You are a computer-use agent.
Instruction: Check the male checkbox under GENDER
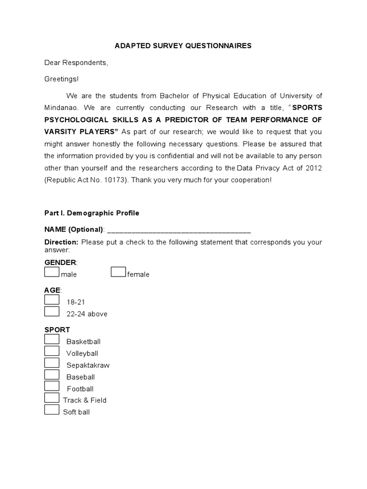pos(52,272)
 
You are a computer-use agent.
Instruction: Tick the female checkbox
pos(119,272)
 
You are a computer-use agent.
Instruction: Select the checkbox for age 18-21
pos(52,300)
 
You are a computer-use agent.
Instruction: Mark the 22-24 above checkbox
pos(52,312)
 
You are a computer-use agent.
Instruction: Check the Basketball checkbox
pos(52,340)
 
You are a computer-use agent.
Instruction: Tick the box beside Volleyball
pos(52,351)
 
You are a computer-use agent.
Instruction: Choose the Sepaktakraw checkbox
pos(52,363)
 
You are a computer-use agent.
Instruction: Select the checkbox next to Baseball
pos(52,375)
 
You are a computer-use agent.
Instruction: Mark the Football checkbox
pos(52,386)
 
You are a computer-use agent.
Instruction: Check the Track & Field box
pos(52,398)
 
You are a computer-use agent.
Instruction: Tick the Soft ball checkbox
pos(52,410)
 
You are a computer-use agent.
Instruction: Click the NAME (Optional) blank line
pos(179,230)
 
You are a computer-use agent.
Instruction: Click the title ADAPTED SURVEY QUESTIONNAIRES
pos(183,46)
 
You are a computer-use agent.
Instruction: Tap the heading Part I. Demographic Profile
pos(92,213)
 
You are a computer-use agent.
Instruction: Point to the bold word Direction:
pos(62,242)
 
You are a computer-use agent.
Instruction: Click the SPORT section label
pos(57,330)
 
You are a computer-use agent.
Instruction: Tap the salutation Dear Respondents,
pos(76,63)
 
